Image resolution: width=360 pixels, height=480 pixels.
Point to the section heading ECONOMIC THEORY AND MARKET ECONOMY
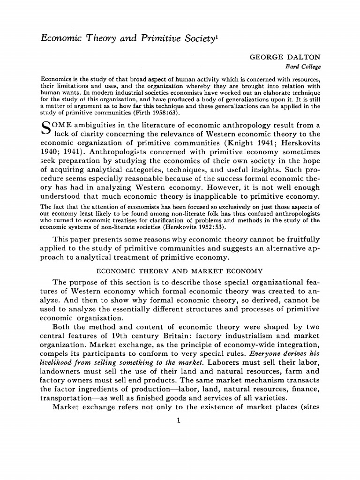click(180, 271)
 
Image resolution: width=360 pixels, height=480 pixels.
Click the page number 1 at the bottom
click(180, 421)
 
